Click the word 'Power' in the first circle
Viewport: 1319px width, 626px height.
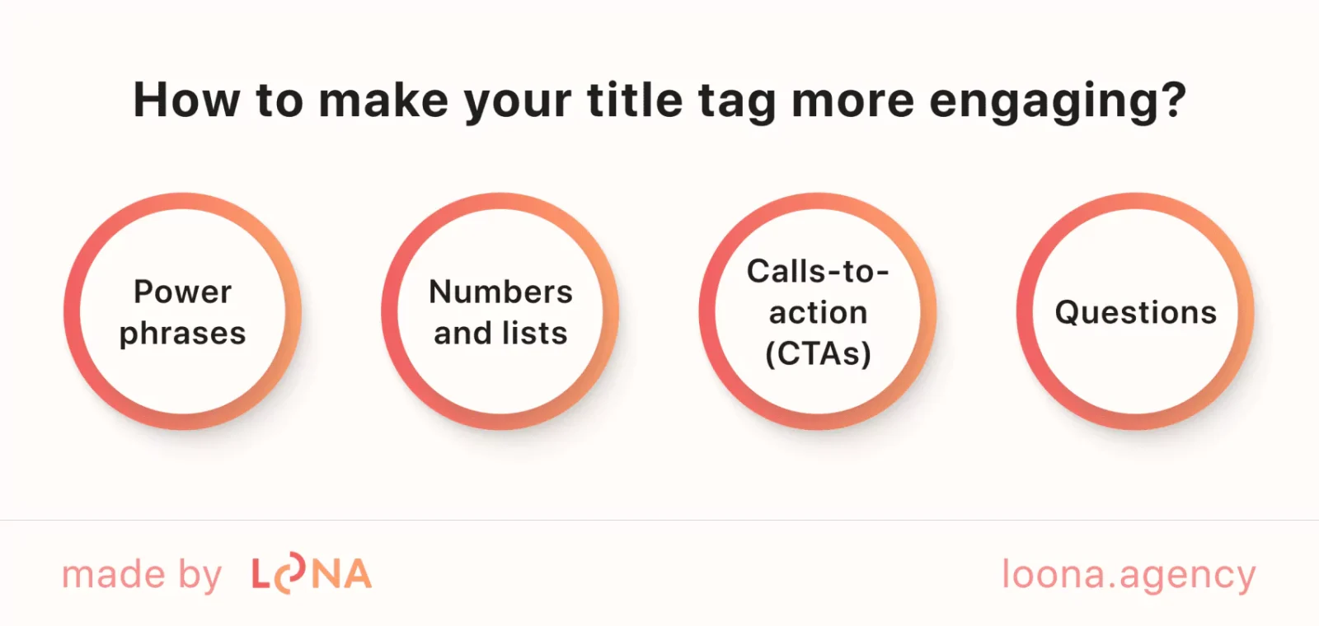pos(182,292)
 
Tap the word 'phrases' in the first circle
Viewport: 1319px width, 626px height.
pos(182,334)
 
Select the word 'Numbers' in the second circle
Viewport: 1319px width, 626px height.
pos(500,292)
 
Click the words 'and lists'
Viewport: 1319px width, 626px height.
pos(500,334)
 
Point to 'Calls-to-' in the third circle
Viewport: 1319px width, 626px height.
pos(817,271)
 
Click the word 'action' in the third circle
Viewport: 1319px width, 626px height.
pos(818,312)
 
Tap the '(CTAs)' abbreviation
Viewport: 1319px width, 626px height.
pos(818,354)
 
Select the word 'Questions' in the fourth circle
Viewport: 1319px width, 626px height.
pos(1135,312)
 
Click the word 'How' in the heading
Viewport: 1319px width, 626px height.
pos(187,100)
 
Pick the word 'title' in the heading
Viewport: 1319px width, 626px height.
pos(635,100)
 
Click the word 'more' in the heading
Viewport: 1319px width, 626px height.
pos(852,100)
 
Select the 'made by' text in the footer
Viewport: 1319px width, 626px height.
pos(142,575)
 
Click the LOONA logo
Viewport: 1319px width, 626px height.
pos(312,575)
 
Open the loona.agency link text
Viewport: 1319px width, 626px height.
pos(1128,575)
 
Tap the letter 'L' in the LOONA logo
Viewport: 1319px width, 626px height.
pos(261,575)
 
